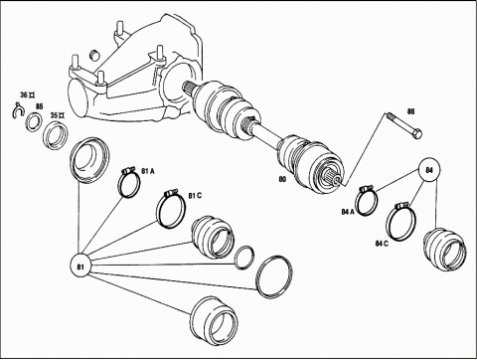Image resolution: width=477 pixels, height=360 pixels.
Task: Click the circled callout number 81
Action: click(80, 267)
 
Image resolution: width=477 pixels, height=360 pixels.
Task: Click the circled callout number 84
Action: click(429, 170)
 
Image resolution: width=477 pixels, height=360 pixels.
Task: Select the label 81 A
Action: click(148, 171)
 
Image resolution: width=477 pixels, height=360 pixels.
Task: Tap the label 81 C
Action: click(195, 196)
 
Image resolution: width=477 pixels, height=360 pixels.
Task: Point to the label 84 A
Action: click(348, 212)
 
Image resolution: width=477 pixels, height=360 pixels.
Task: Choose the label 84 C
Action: click(382, 244)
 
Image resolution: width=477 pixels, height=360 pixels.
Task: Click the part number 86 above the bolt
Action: click(410, 111)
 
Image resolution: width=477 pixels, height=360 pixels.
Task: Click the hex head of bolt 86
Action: click(417, 134)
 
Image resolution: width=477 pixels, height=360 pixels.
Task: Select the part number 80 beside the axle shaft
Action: click(282, 179)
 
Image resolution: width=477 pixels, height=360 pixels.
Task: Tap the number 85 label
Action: click(39, 106)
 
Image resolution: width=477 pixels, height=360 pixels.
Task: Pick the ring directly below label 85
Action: click(34, 121)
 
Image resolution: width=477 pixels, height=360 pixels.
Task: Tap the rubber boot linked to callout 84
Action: click(445, 250)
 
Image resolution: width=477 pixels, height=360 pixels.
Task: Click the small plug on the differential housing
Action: click(95, 55)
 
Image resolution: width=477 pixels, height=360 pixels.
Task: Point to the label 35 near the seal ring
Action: click(54, 115)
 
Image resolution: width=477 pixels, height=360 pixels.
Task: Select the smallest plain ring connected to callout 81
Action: click(244, 258)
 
